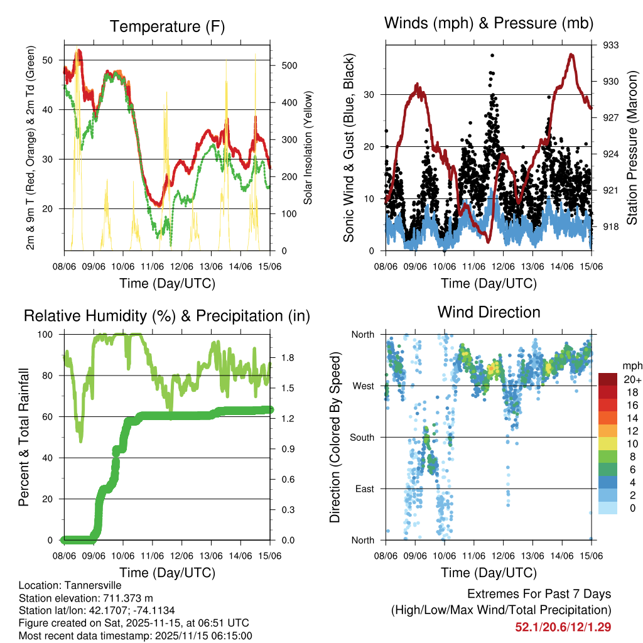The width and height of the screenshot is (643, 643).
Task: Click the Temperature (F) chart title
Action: click(167, 26)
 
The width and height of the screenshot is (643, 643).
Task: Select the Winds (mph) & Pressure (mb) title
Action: click(489, 24)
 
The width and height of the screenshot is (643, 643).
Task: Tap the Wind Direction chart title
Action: click(489, 311)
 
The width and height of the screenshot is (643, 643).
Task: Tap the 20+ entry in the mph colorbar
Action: click(632, 379)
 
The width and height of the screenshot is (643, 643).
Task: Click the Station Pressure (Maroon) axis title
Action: click(632, 148)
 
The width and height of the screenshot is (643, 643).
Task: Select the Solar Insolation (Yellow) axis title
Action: click(308, 148)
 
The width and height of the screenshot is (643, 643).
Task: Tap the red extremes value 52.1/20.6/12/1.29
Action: click(563, 627)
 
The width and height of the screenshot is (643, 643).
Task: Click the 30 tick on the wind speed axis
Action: click(370, 95)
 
